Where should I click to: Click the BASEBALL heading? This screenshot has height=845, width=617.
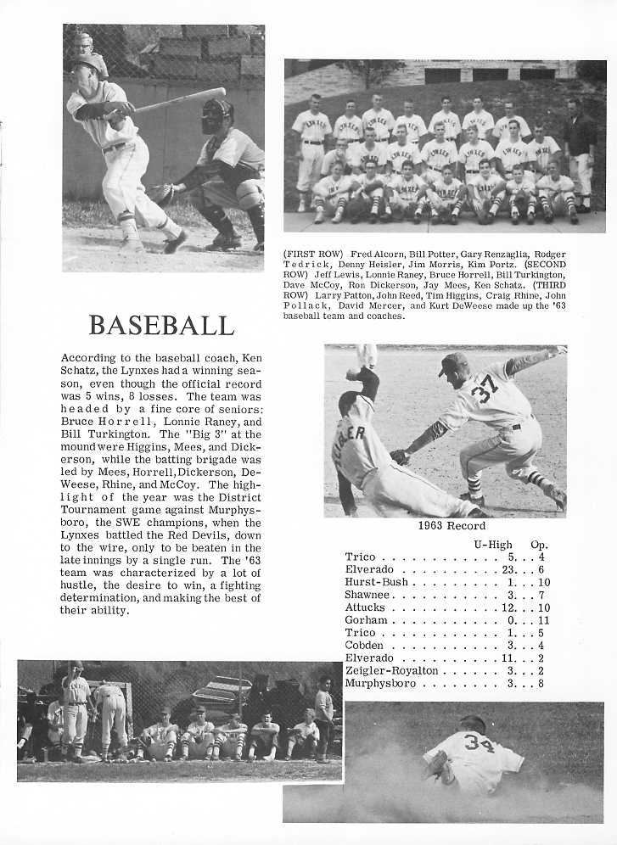[x=161, y=325]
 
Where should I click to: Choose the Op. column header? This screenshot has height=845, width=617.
[x=539, y=543]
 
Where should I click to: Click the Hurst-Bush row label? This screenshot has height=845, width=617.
[x=377, y=582]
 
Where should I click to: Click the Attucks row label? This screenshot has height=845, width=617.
[x=365, y=607]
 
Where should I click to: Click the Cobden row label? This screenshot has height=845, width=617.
[x=364, y=646]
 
